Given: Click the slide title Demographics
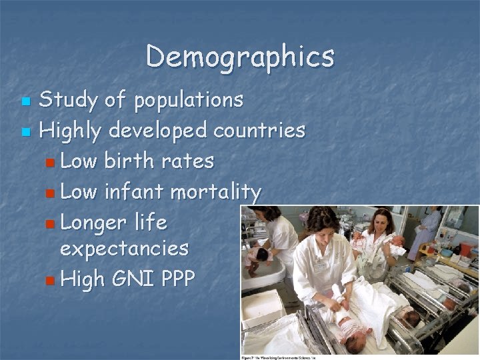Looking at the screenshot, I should coord(240,57).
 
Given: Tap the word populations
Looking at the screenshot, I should coord(189,101).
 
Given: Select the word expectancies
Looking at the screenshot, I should coord(124,249).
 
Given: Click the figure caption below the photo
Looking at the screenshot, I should coord(278,357).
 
